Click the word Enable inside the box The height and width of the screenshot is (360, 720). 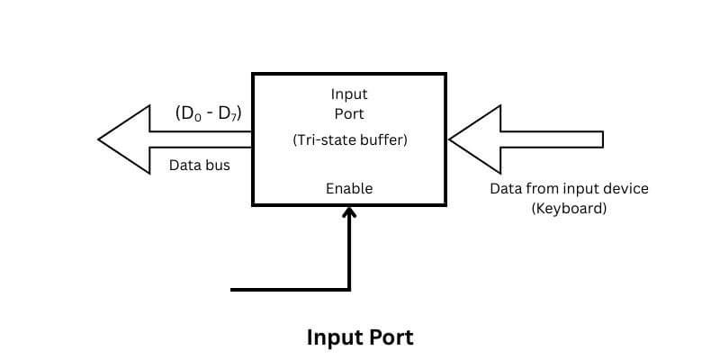[349, 188]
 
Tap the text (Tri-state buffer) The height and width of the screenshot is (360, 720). [349, 141]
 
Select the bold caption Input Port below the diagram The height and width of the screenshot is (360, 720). [360, 337]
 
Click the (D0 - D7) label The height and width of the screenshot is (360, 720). [209, 114]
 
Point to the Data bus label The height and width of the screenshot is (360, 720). [200, 166]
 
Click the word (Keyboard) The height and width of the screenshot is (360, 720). [569, 208]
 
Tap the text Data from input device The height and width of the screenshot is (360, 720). [569, 189]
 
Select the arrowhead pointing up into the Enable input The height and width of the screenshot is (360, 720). [349, 211]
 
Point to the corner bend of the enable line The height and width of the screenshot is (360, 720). [349, 289]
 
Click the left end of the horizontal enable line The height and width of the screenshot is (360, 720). [233, 289]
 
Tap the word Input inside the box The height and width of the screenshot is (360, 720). [349, 94]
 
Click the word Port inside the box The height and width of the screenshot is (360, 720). [349, 113]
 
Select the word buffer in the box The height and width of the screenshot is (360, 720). [381, 141]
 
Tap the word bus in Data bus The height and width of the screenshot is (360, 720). [219, 166]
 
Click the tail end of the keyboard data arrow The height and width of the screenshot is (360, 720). [601, 139]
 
